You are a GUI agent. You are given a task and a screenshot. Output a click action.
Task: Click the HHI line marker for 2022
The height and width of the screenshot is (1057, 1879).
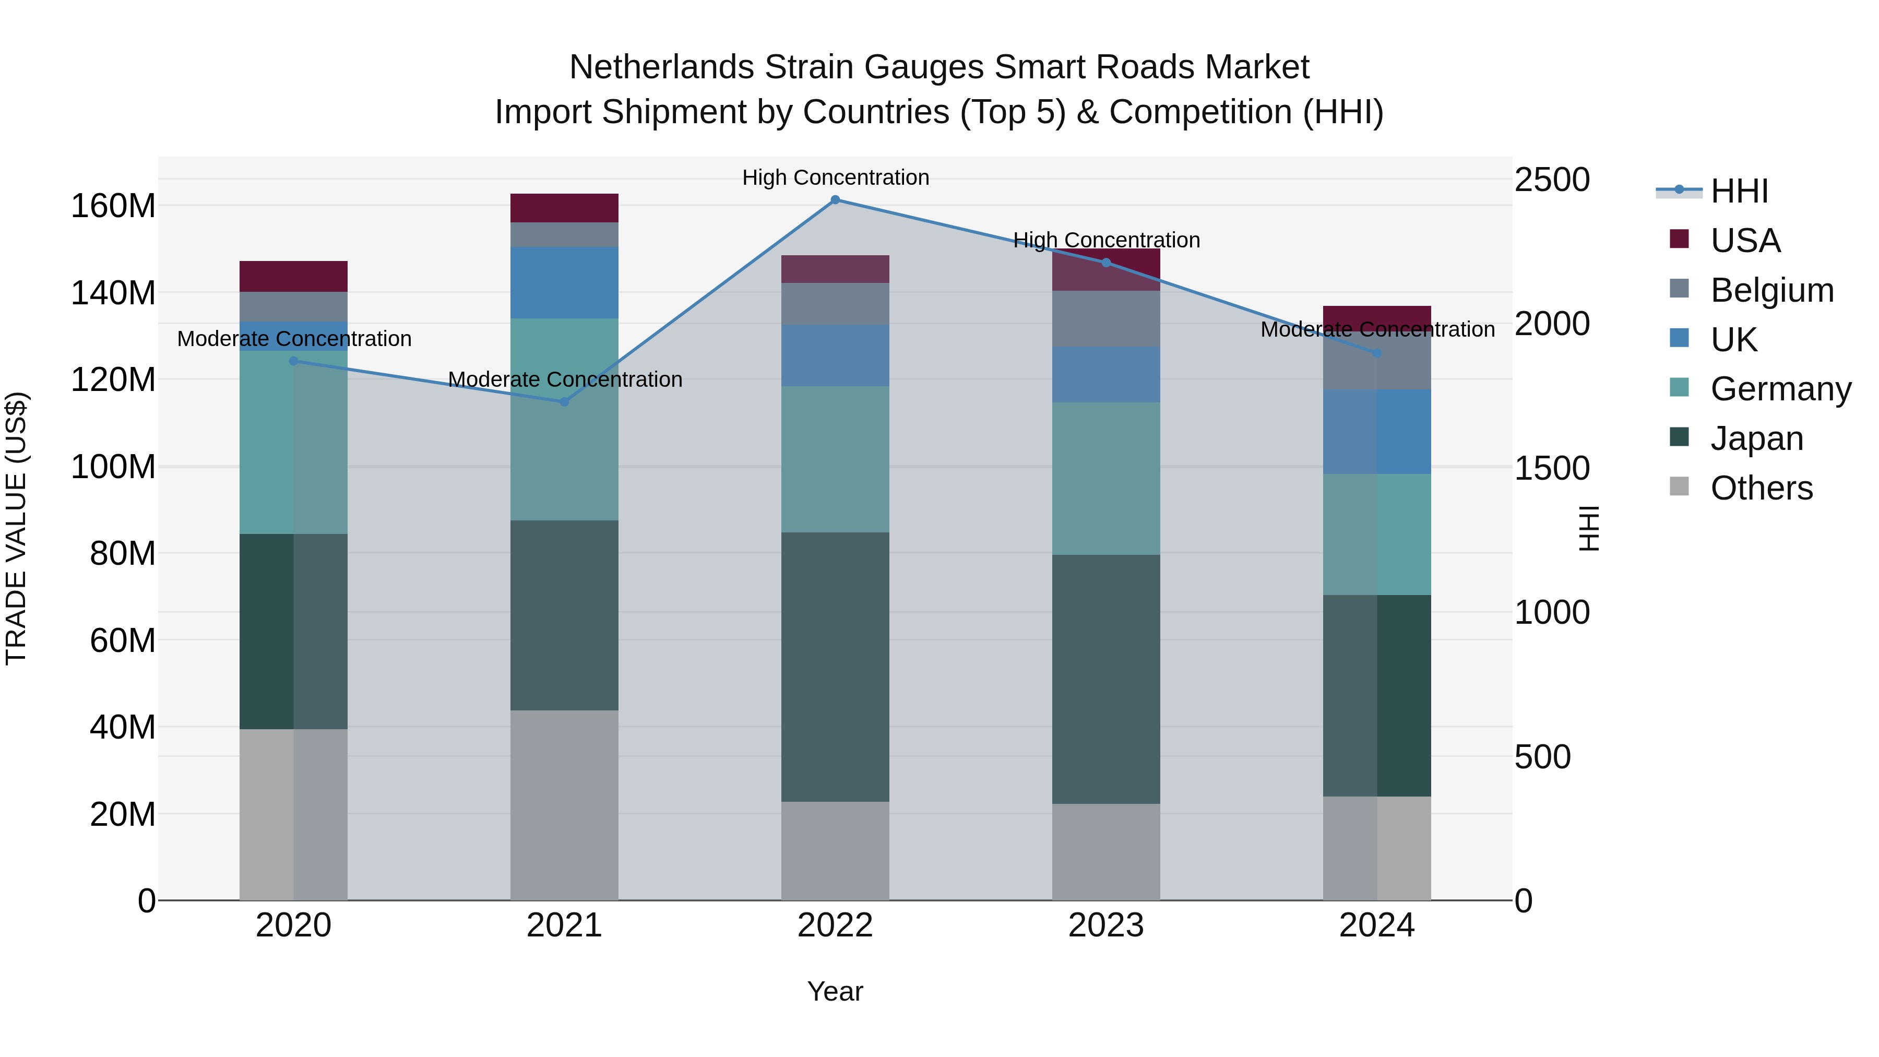coord(835,200)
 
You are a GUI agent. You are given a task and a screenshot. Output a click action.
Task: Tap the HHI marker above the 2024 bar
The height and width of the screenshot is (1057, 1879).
coord(1377,353)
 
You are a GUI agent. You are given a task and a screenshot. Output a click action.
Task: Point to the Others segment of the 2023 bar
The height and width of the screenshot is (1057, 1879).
coord(1106,852)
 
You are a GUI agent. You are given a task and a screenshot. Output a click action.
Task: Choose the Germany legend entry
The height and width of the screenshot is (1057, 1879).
coord(1780,389)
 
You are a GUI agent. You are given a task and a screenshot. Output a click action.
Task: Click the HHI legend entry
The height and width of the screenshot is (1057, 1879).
coord(1739,191)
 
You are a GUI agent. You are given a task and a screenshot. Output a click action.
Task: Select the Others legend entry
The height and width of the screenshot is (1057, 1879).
coord(1761,488)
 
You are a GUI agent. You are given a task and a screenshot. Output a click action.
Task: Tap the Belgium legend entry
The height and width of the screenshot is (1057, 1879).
coord(1771,290)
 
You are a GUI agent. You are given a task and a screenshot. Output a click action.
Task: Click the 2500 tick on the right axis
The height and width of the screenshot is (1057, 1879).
coord(1552,180)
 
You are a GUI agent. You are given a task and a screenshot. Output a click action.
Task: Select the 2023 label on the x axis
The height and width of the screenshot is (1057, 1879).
coord(1106,925)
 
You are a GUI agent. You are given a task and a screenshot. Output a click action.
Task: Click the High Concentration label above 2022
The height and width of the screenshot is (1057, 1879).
coord(835,177)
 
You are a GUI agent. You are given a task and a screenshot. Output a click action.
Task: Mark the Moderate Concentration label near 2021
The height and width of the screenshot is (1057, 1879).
coord(565,379)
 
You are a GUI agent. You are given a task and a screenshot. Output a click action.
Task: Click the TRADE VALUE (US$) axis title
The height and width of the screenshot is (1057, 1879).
coord(16,528)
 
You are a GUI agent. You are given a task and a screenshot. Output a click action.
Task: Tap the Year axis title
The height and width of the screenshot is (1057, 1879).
coord(835,991)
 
